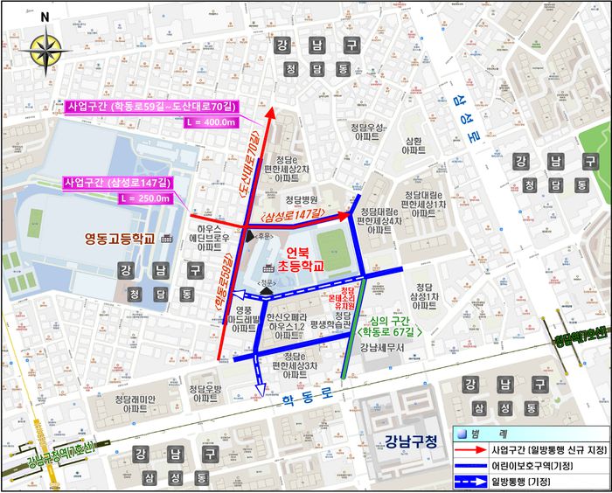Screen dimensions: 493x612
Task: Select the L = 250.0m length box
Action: click(143, 198)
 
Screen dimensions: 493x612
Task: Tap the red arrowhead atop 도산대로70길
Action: click(269, 114)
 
